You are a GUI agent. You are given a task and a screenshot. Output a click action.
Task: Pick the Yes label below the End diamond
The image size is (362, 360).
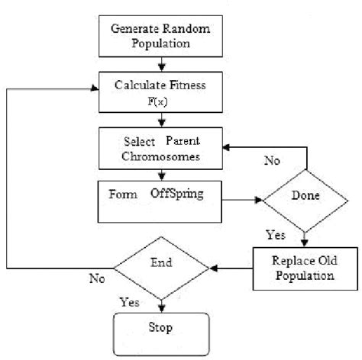[x=130, y=302]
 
